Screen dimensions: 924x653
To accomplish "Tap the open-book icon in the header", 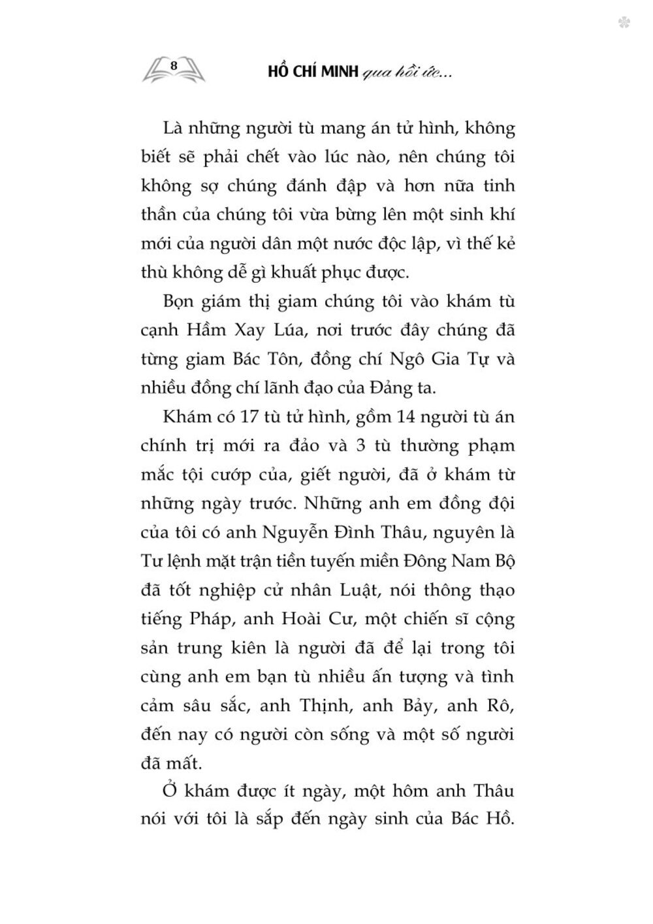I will click(173, 69).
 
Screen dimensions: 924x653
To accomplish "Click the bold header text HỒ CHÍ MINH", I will click(313, 72).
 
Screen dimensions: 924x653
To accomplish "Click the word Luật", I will click(345, 590).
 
